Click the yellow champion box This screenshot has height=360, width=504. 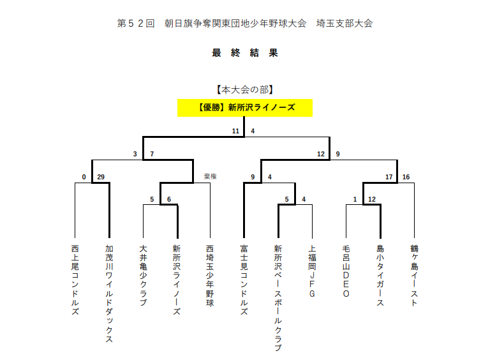pyautogui.click(x=245, y=108)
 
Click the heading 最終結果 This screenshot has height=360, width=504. pyautogui.click(x=245, y=53)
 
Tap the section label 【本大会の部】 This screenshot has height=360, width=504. pyautogui.click(x=245, y=90)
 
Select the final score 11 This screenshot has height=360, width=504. pyautogui.click(x=235, y=131)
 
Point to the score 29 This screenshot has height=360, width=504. pyautogui.click(x=101, y=177)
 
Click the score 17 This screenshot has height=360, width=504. pyautogui.click(x=389, y=177)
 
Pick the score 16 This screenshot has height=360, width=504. pyautogui.click(x=406, y=177)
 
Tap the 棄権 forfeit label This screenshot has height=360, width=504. pyautogui.click(x=211, y=176)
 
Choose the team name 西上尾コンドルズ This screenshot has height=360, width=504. pyautogui.click(x=75, y=280)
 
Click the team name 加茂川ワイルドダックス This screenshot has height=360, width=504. pyautogui.click(x=109, y=294)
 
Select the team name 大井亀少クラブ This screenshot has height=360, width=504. pyautogui.click(x=143, y=275)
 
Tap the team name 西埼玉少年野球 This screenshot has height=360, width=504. pyautogui.click(x=210, y=275)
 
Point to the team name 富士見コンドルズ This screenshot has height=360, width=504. pyautogui.click(x=244, y=280)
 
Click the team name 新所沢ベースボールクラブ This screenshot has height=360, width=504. pyautogui.click(x=278, y=298)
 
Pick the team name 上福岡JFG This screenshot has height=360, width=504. pyautogui.click(x=312, y=271)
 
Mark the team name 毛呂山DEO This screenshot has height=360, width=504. pyautogui.click(x=346, y=271)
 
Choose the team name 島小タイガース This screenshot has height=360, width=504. pyautogui.click(x=380, y=275)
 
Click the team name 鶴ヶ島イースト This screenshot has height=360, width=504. pyautogui.click(x=414, y=275)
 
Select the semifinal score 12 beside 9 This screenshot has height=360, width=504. pyautogui.click(x=321, y=154)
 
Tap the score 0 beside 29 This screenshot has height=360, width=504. pyautogui.click(x=84, y=177)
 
